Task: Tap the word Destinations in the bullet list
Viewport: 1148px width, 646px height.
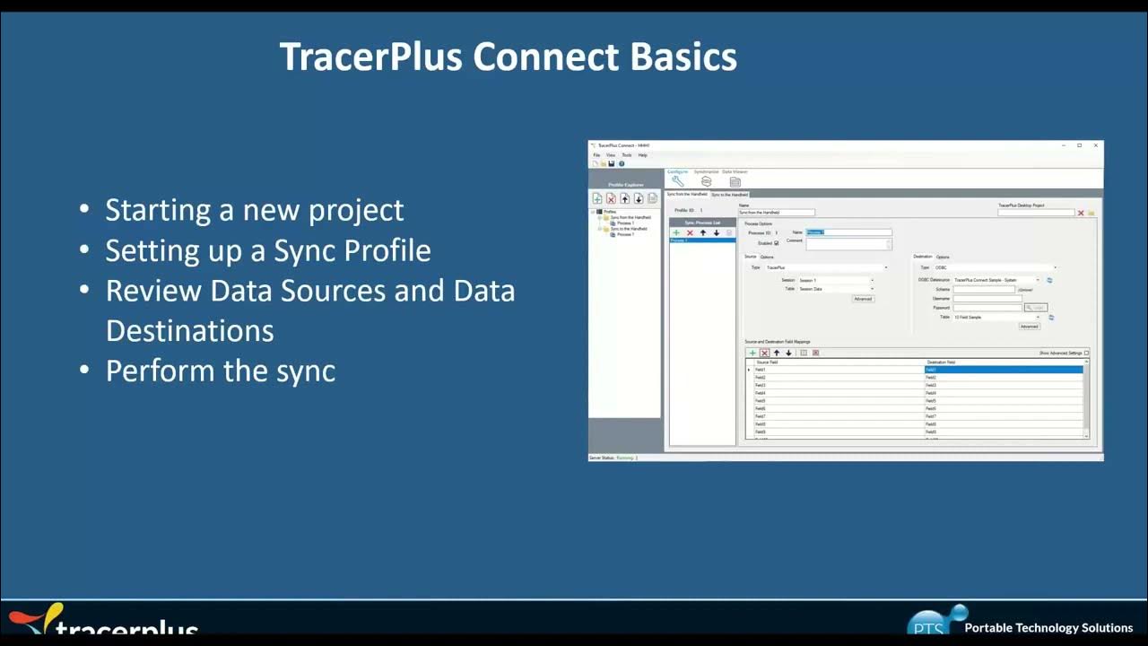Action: (189, 330)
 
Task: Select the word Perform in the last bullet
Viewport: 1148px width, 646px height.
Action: (158, 371)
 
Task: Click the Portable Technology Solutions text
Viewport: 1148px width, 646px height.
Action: (1048, 628)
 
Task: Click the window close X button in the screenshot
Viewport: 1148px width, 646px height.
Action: (1095, 145)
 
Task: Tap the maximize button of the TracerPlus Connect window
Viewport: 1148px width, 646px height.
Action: (1079, 145)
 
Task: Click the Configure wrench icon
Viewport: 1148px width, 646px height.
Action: (677, 181)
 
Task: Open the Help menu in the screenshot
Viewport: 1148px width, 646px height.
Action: (642, 155)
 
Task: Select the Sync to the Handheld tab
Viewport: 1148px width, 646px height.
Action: (729, 194)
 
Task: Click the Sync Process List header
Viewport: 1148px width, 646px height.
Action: (702, 223)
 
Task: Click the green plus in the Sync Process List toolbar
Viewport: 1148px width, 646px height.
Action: (676, 232)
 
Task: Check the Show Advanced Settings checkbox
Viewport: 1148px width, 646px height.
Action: (1086, 354)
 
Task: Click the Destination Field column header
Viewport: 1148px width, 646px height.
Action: (941, 362)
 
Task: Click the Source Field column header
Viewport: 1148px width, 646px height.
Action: (767, 362)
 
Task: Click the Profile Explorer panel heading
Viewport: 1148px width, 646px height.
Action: (625, 185)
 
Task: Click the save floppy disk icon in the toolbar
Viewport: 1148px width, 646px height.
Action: (611, 163)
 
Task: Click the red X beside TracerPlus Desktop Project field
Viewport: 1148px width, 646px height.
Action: (1081, 213)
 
